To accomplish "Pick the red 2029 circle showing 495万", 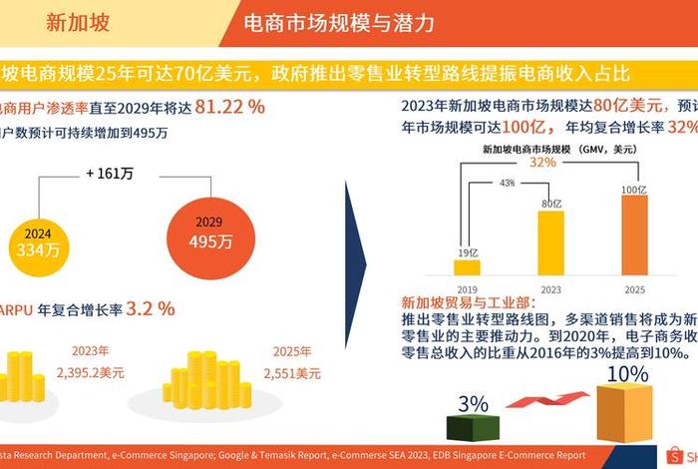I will (210, 234).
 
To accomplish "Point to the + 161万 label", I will (110, 174).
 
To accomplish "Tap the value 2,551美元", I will (292, 373).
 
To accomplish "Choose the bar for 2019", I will (467, 266).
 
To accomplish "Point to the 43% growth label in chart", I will (507, 183).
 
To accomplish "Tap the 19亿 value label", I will (467, 252).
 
